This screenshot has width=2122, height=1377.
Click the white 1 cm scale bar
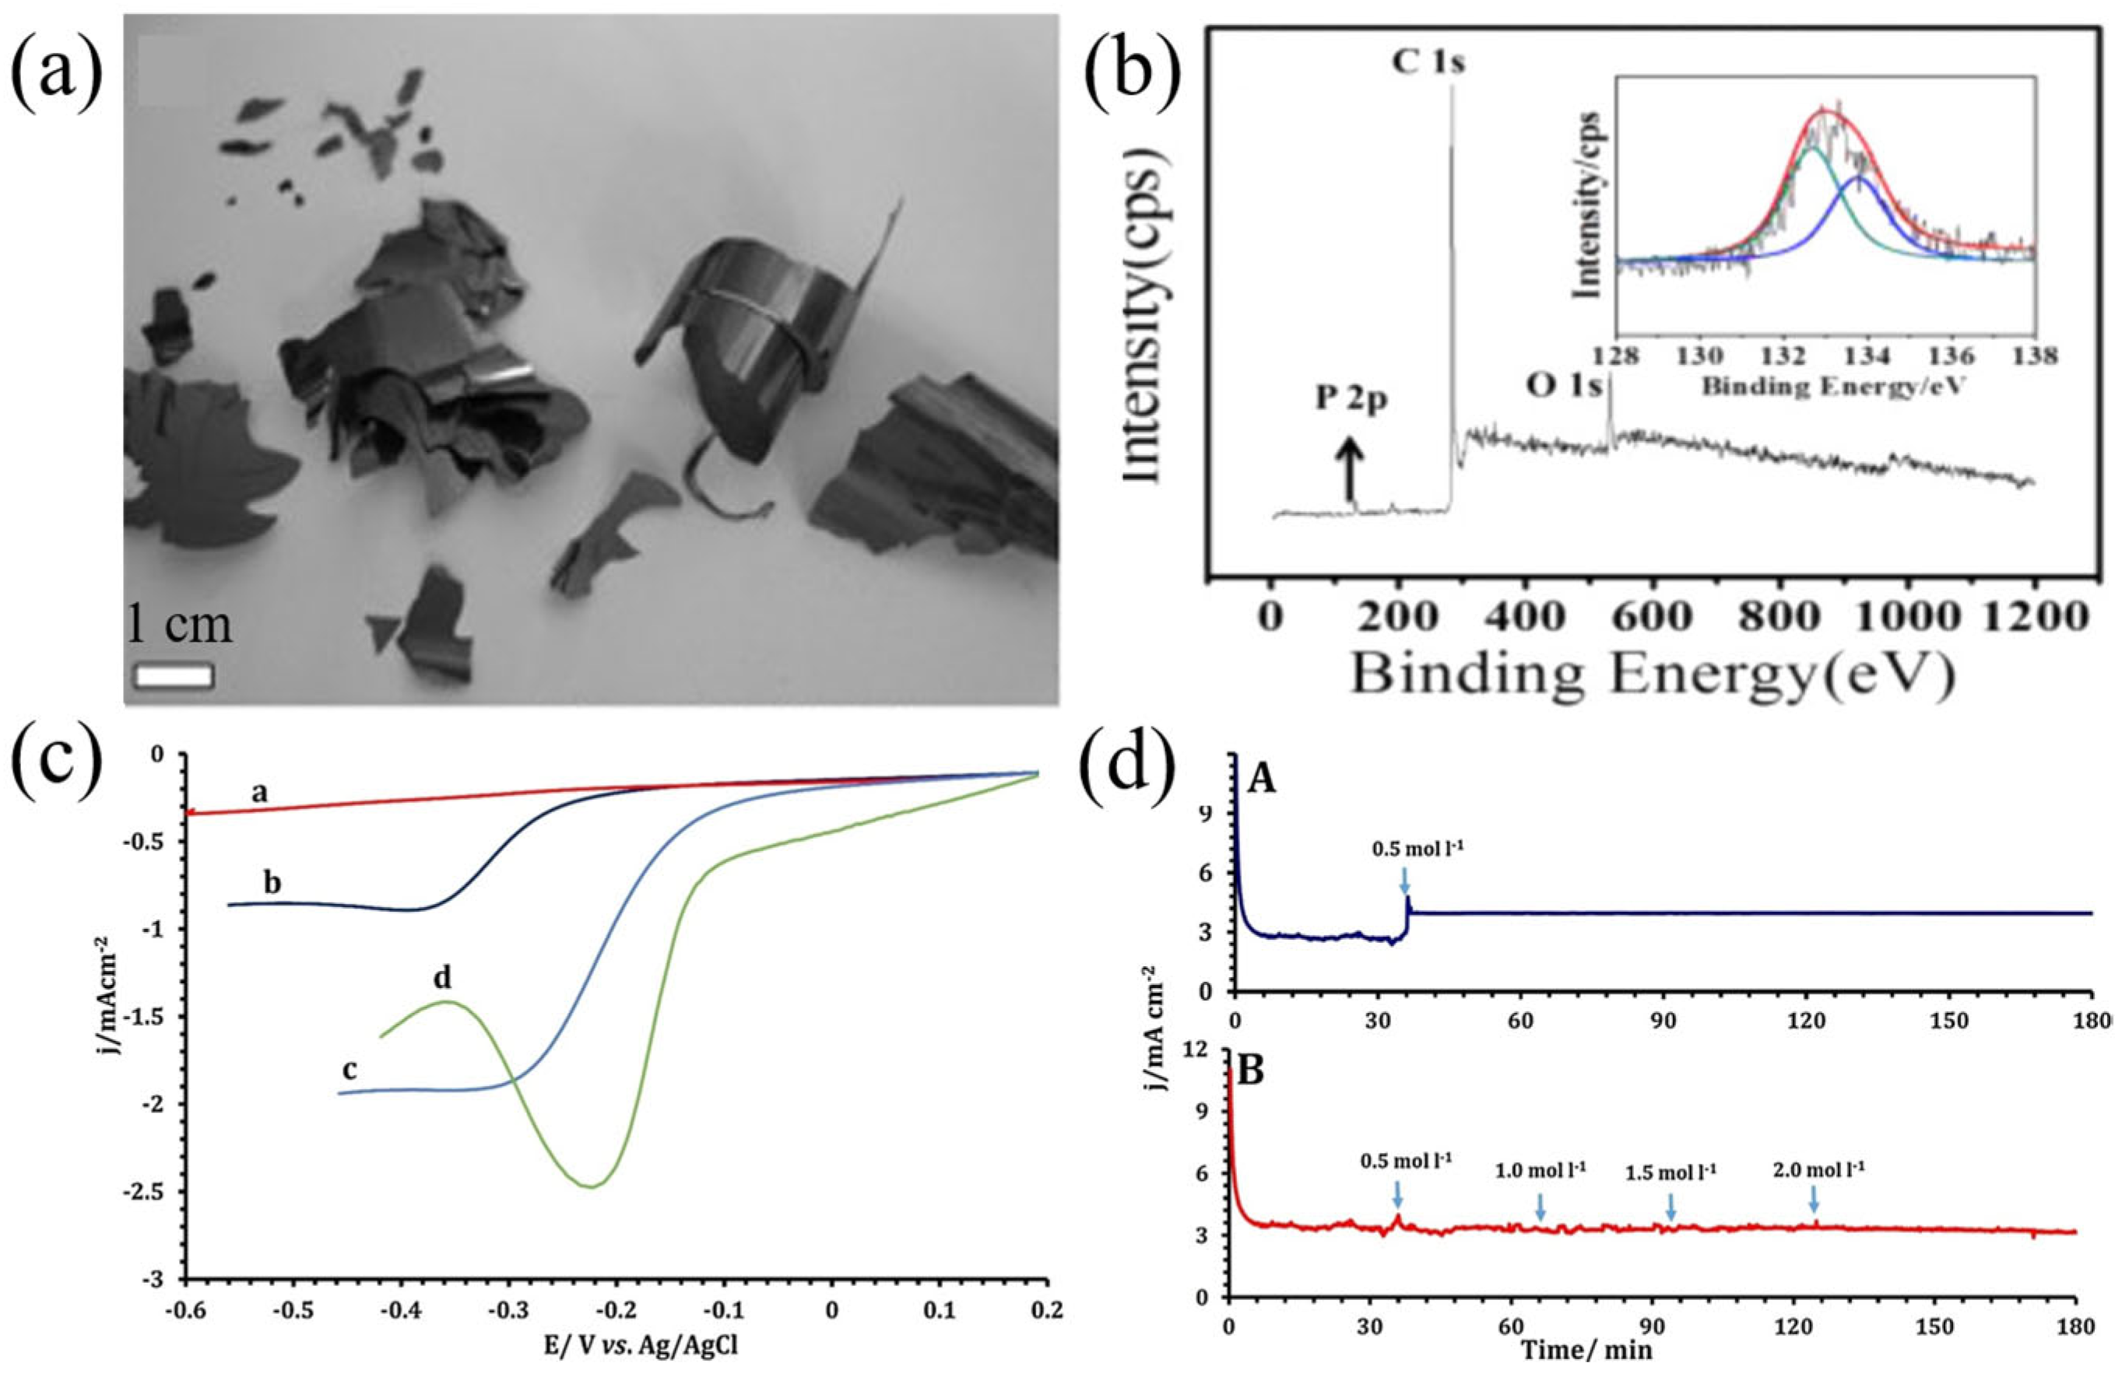pos(173,674)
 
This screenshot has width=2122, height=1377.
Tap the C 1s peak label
pos(1424,63)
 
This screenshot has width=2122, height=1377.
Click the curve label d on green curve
pos(442,978)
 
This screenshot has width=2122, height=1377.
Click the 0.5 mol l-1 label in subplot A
pos(1418,849)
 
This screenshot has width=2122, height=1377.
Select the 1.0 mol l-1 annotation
pos(1540,1169)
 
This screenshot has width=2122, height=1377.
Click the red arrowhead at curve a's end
pos(191,813)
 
